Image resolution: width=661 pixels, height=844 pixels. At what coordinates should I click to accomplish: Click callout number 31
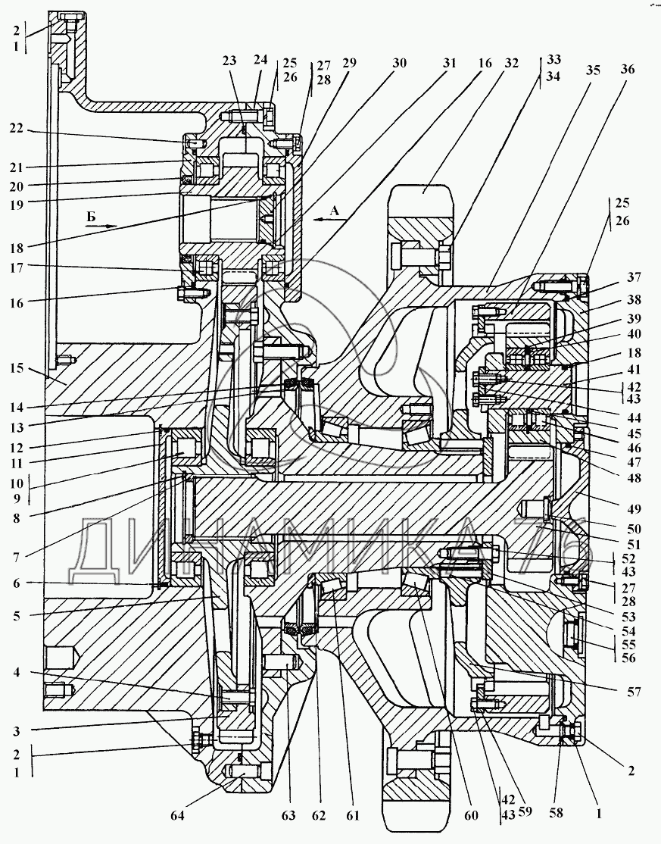click(450, 64)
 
